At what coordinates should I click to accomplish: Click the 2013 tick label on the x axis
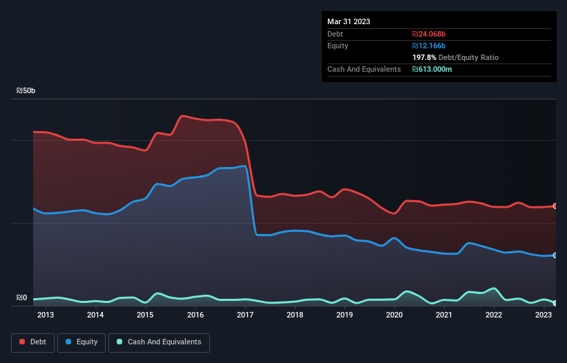46,315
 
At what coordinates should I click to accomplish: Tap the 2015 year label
145,315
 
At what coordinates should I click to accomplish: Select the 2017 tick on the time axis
245,315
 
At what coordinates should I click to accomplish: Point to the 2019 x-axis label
345,315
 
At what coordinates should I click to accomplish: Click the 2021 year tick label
444,315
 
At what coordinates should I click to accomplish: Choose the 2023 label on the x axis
544,315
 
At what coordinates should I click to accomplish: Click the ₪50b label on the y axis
26,91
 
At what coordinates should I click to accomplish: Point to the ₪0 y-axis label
21,298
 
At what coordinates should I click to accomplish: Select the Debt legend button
32,342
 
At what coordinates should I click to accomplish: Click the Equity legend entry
81,342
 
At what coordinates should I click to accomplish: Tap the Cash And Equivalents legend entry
159,342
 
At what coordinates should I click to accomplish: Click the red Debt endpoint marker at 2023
555,206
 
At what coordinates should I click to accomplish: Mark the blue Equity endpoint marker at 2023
555,255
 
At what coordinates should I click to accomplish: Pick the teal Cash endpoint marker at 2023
555,303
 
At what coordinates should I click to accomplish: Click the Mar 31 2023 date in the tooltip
349,21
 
